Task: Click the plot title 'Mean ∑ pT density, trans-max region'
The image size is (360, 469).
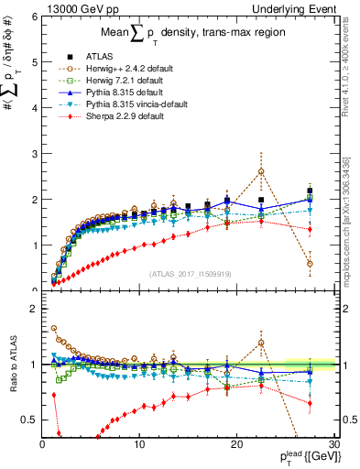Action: (x=188, y=37)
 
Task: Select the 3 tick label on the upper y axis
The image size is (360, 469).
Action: (x=33, y=154)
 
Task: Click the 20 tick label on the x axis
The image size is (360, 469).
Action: (x=237, y=444)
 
